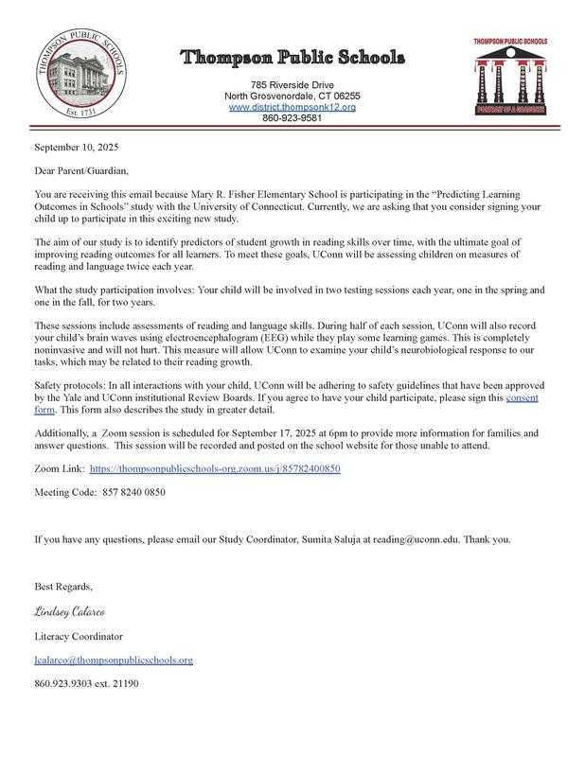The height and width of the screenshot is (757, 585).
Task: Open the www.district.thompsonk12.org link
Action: pyautogui.click(x=292, y=108)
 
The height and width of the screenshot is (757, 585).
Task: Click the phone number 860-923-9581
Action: pyautogui.click(x=292, y=119)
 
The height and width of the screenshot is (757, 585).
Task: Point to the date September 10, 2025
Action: pyautogui.click(x=78, y=149)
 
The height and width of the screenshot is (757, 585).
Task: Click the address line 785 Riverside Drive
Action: pyautogui.click(x=292, y=85)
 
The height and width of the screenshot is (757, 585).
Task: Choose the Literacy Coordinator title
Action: pyautogui.click(x=79, y=636)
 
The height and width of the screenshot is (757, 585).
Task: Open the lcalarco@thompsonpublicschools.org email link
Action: pyautogui.click(x=114, y=660)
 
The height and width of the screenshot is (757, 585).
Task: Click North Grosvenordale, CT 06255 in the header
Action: pyautogui.click(x=292, y=97)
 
